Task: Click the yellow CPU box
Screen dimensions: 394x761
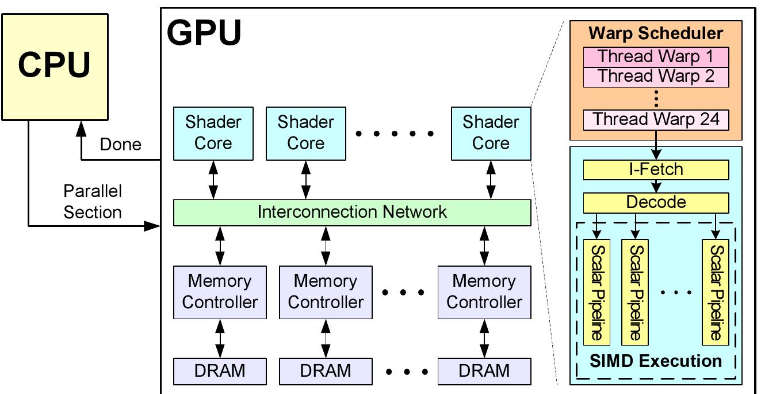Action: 55,67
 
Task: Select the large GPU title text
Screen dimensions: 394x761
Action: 204,33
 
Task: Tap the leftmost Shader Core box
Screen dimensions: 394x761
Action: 213,133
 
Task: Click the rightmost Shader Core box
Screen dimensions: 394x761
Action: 491,133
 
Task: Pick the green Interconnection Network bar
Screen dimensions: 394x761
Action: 352,213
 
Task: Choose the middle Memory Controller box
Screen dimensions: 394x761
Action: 326,292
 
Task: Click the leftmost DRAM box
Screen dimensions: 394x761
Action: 220,371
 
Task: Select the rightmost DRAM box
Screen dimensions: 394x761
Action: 484,371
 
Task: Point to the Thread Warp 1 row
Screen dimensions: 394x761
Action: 656,57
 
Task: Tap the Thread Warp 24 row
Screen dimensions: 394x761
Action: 656,120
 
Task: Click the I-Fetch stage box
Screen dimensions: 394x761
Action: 656,170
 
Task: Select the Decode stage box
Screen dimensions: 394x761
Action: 656,203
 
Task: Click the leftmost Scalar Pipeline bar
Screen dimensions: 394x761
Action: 597,292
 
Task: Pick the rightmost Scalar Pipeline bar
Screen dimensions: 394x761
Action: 716,292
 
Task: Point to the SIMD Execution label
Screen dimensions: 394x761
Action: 656,361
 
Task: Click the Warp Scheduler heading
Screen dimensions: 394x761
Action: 656,33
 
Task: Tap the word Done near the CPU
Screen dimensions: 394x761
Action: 120,144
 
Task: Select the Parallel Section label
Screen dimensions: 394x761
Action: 93,202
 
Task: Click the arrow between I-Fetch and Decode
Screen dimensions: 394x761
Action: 656,186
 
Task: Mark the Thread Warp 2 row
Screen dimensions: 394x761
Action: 656,77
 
